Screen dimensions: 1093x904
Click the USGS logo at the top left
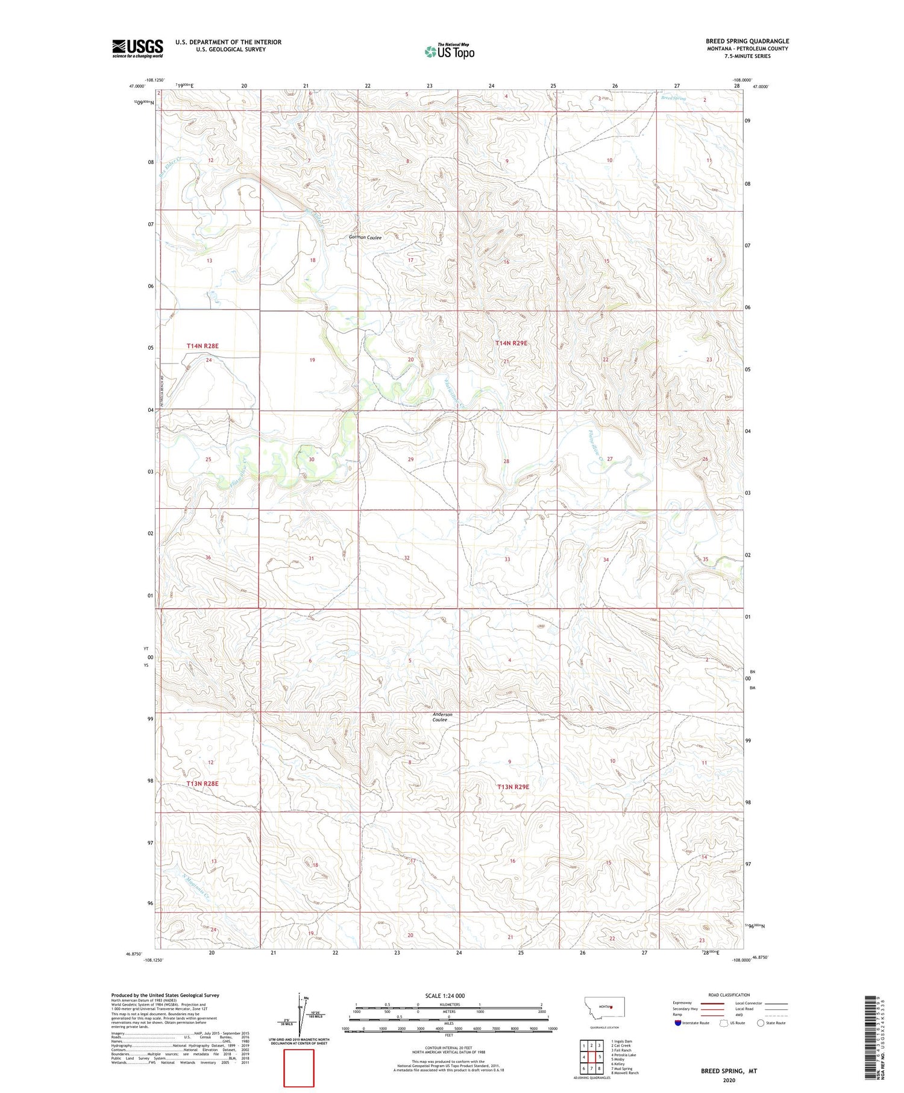137,48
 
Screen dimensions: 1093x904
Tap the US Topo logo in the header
449,52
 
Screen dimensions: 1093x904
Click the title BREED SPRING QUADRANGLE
747,41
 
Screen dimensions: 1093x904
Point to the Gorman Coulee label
365,238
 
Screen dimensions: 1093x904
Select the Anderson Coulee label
442,717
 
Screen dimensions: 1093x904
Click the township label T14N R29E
511,343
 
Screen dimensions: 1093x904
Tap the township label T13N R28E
202,783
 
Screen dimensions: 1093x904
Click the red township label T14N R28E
202,346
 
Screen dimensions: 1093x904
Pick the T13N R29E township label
513,787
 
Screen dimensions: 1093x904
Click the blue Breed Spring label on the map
673,98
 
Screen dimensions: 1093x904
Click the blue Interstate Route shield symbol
677,1022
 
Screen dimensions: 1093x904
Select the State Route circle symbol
761,1022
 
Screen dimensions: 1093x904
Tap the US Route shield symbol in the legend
724,1022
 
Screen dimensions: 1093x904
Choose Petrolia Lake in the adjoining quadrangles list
624,1055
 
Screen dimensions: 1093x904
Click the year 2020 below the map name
728,1080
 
